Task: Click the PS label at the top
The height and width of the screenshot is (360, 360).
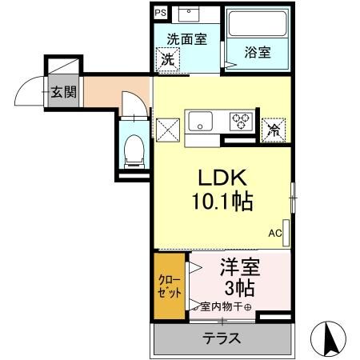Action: pyautogui.click(x=161, y=13)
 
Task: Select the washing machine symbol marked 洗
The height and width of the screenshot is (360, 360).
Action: pyautogui.click(x=168, y=58)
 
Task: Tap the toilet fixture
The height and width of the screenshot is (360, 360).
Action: pyautogui.click(x=134, y=150)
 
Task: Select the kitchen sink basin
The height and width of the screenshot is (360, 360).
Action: pyautogui.click(x=199, y=122)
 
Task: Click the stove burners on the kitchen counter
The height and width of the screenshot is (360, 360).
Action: pyautogui.click(x=240, y=122)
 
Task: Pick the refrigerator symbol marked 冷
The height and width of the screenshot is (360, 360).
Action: pyautogui.click(x=274, y=126)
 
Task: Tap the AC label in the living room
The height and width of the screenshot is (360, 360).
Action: pyautogui.click(x=274, y=234)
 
